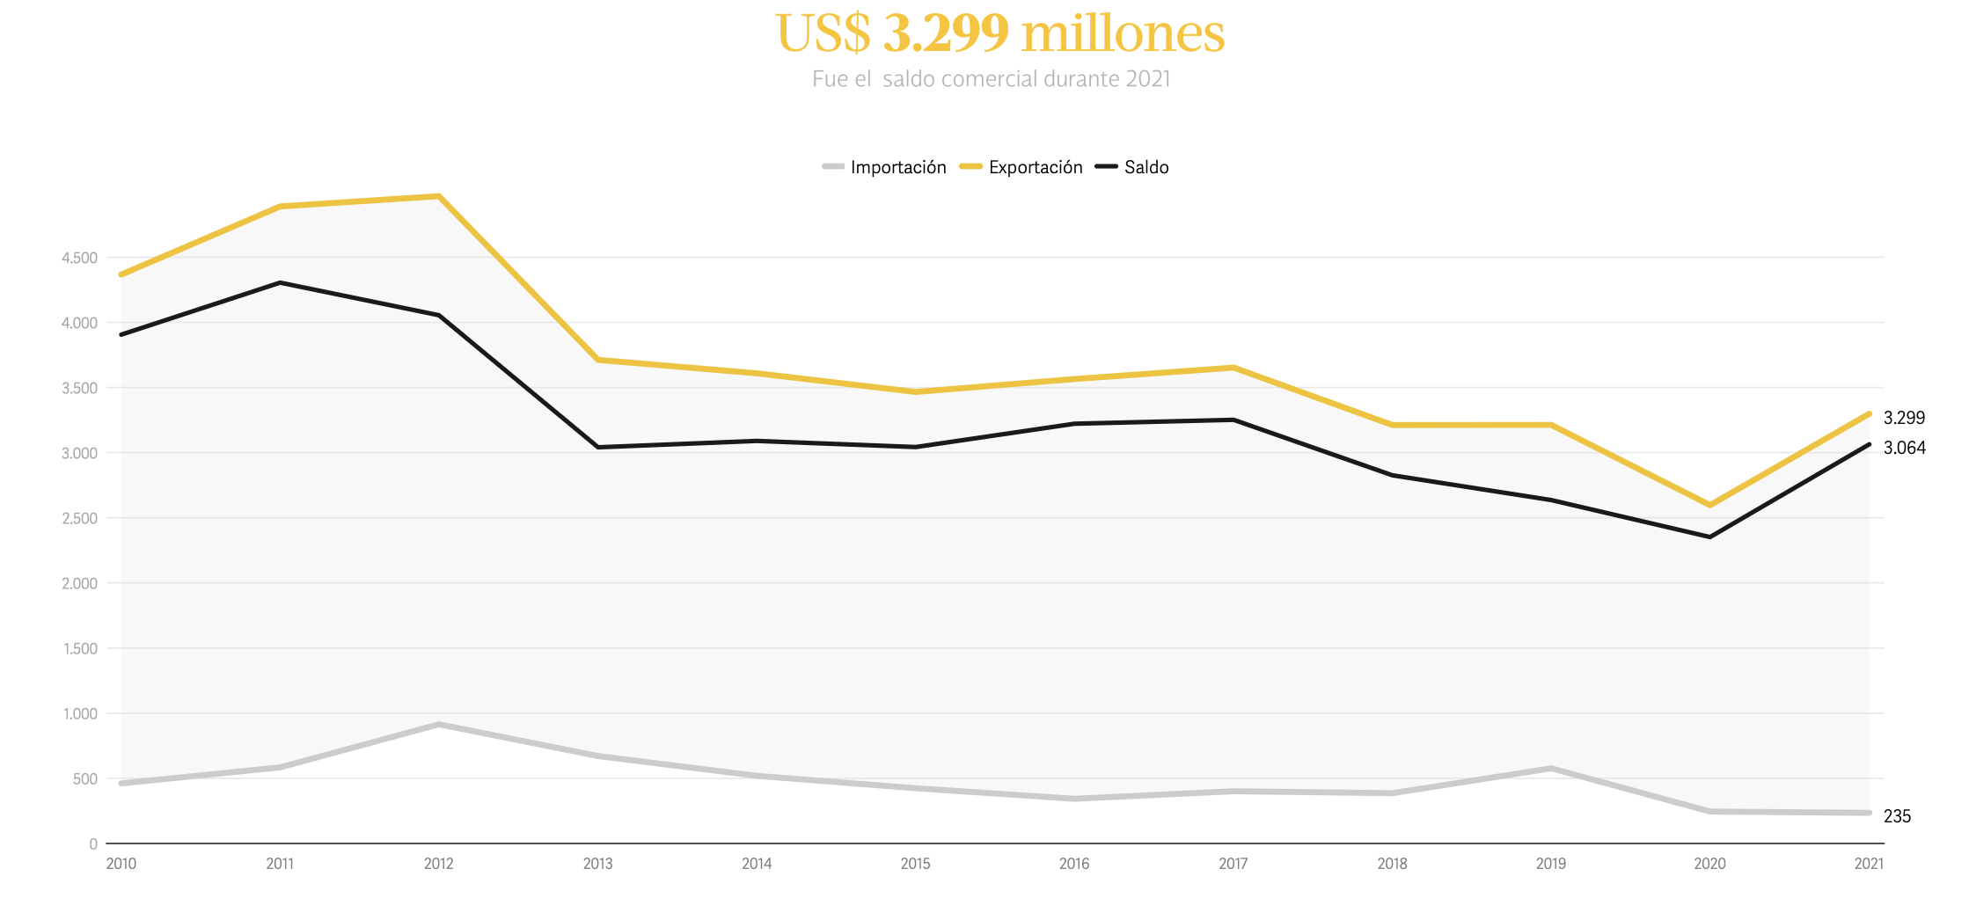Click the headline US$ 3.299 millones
[x=1000, y=33]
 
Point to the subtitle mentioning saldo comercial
[x=992, y=79]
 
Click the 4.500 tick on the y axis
[x=79, y=258]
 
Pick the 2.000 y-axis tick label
[x=79, y=583]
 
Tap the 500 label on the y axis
[x=85, y=778]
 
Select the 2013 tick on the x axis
[x=597, y=864]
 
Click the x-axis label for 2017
[x=1233, y=864]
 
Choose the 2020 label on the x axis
[x=1709, y=864]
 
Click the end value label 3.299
[x=1904, y=418]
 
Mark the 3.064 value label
[x=1904, y=448]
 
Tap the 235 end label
[x=1897, y=816]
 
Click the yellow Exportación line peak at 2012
[x=438, y=196]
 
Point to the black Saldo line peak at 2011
[x=280, y=282]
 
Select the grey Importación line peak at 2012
[x=438, y=724]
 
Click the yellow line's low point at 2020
[x=1709, y=505]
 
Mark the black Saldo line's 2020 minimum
[x=1709, y=537]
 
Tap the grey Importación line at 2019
[x=1550, y=769]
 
